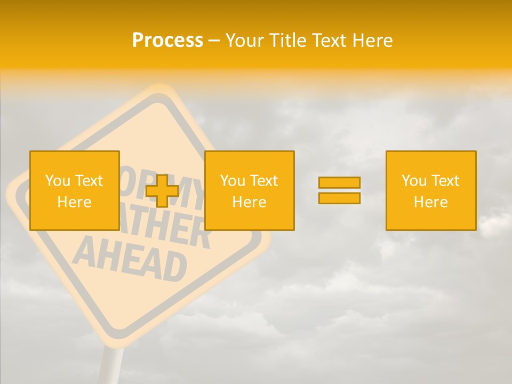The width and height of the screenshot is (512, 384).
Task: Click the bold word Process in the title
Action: [167, 41]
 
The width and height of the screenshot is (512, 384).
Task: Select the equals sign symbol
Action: [339, 190]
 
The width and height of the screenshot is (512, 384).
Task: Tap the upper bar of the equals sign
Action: [339, 183]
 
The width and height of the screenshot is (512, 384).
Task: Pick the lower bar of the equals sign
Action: [339, 198]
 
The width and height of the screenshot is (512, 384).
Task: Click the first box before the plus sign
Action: [74, 190]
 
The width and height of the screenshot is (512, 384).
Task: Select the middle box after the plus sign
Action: [249, 190]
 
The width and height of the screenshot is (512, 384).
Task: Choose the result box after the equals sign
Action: [430, 190]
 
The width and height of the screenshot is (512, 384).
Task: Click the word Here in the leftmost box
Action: [74, 202]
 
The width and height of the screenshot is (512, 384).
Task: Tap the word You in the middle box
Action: [233, 181]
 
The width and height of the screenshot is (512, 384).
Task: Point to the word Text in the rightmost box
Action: [446, 181]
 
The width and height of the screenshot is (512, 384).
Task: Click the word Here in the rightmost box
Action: [430, 202]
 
